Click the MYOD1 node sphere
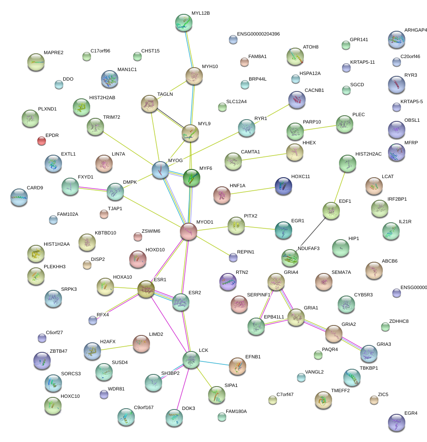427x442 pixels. pos(189,231)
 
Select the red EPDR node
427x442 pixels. pos(41,140)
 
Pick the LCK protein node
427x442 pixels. pos(191,359)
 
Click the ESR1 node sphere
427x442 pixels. pos(146,289)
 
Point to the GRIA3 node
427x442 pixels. pos(368,354)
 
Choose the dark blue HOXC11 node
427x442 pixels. pos(283,185)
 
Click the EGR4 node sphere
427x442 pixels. pos(396,422)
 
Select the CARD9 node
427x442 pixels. pos(18,197)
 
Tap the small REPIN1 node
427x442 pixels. pos(233,258)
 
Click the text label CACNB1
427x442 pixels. pos(314,91)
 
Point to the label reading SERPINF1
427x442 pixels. pos(258,295)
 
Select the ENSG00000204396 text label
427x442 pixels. pos(258,34)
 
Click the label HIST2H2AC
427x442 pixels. pos(368,154)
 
